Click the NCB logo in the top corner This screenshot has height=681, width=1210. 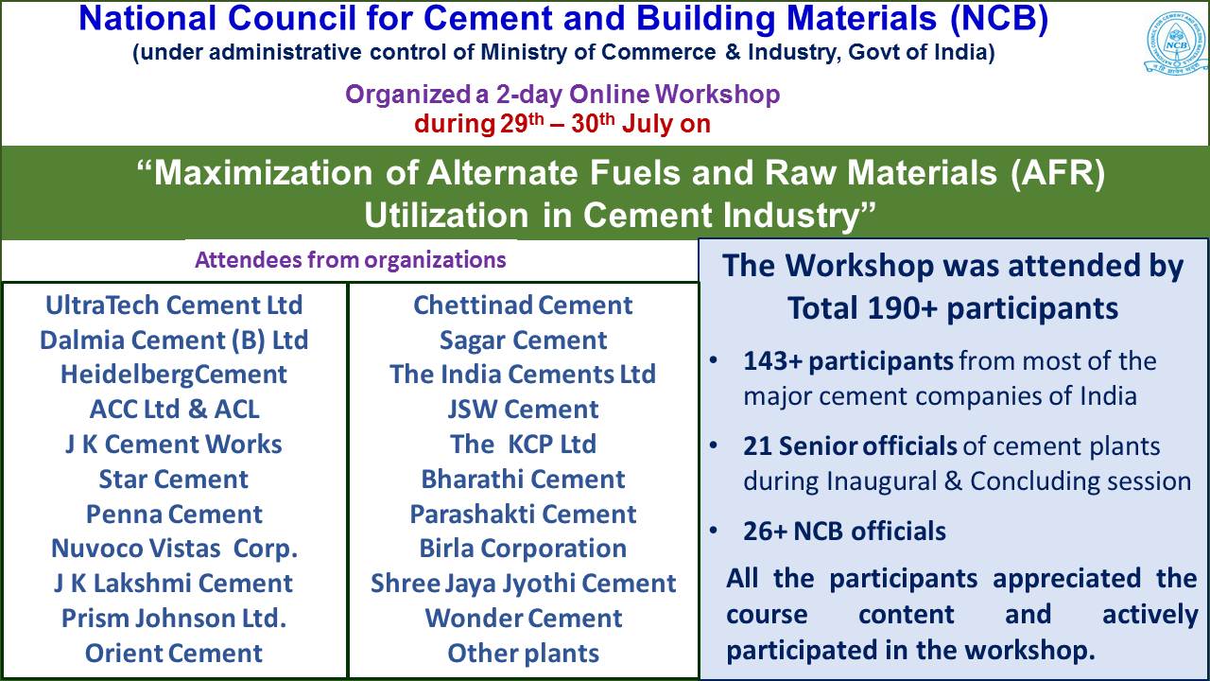coord(1177,44)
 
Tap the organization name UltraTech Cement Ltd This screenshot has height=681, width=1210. coord(174,306)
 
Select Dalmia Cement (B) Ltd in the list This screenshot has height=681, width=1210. coord(174,340)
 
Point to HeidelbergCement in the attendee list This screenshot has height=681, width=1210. coord(174,375)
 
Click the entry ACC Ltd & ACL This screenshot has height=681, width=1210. coord(174,410)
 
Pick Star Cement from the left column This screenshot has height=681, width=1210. coord(174,480)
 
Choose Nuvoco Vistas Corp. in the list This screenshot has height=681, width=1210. coord(174,549)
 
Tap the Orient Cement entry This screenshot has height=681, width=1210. coord(174,653)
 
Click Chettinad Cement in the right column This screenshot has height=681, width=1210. coord(523,306)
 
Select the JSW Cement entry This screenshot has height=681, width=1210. coord(523,410)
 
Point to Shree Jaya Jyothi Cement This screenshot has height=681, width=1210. coord(523,584)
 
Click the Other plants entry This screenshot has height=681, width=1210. coord(523,654)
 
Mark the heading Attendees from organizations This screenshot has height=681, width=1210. coord(351,260)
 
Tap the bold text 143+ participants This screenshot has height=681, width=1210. coord(848,361)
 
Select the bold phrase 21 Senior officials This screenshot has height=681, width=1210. coord(850,446)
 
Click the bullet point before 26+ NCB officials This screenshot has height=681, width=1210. coord(714,531)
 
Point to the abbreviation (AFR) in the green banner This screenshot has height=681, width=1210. coord(1058,173)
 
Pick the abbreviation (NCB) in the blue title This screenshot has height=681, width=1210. coord(999,19)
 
